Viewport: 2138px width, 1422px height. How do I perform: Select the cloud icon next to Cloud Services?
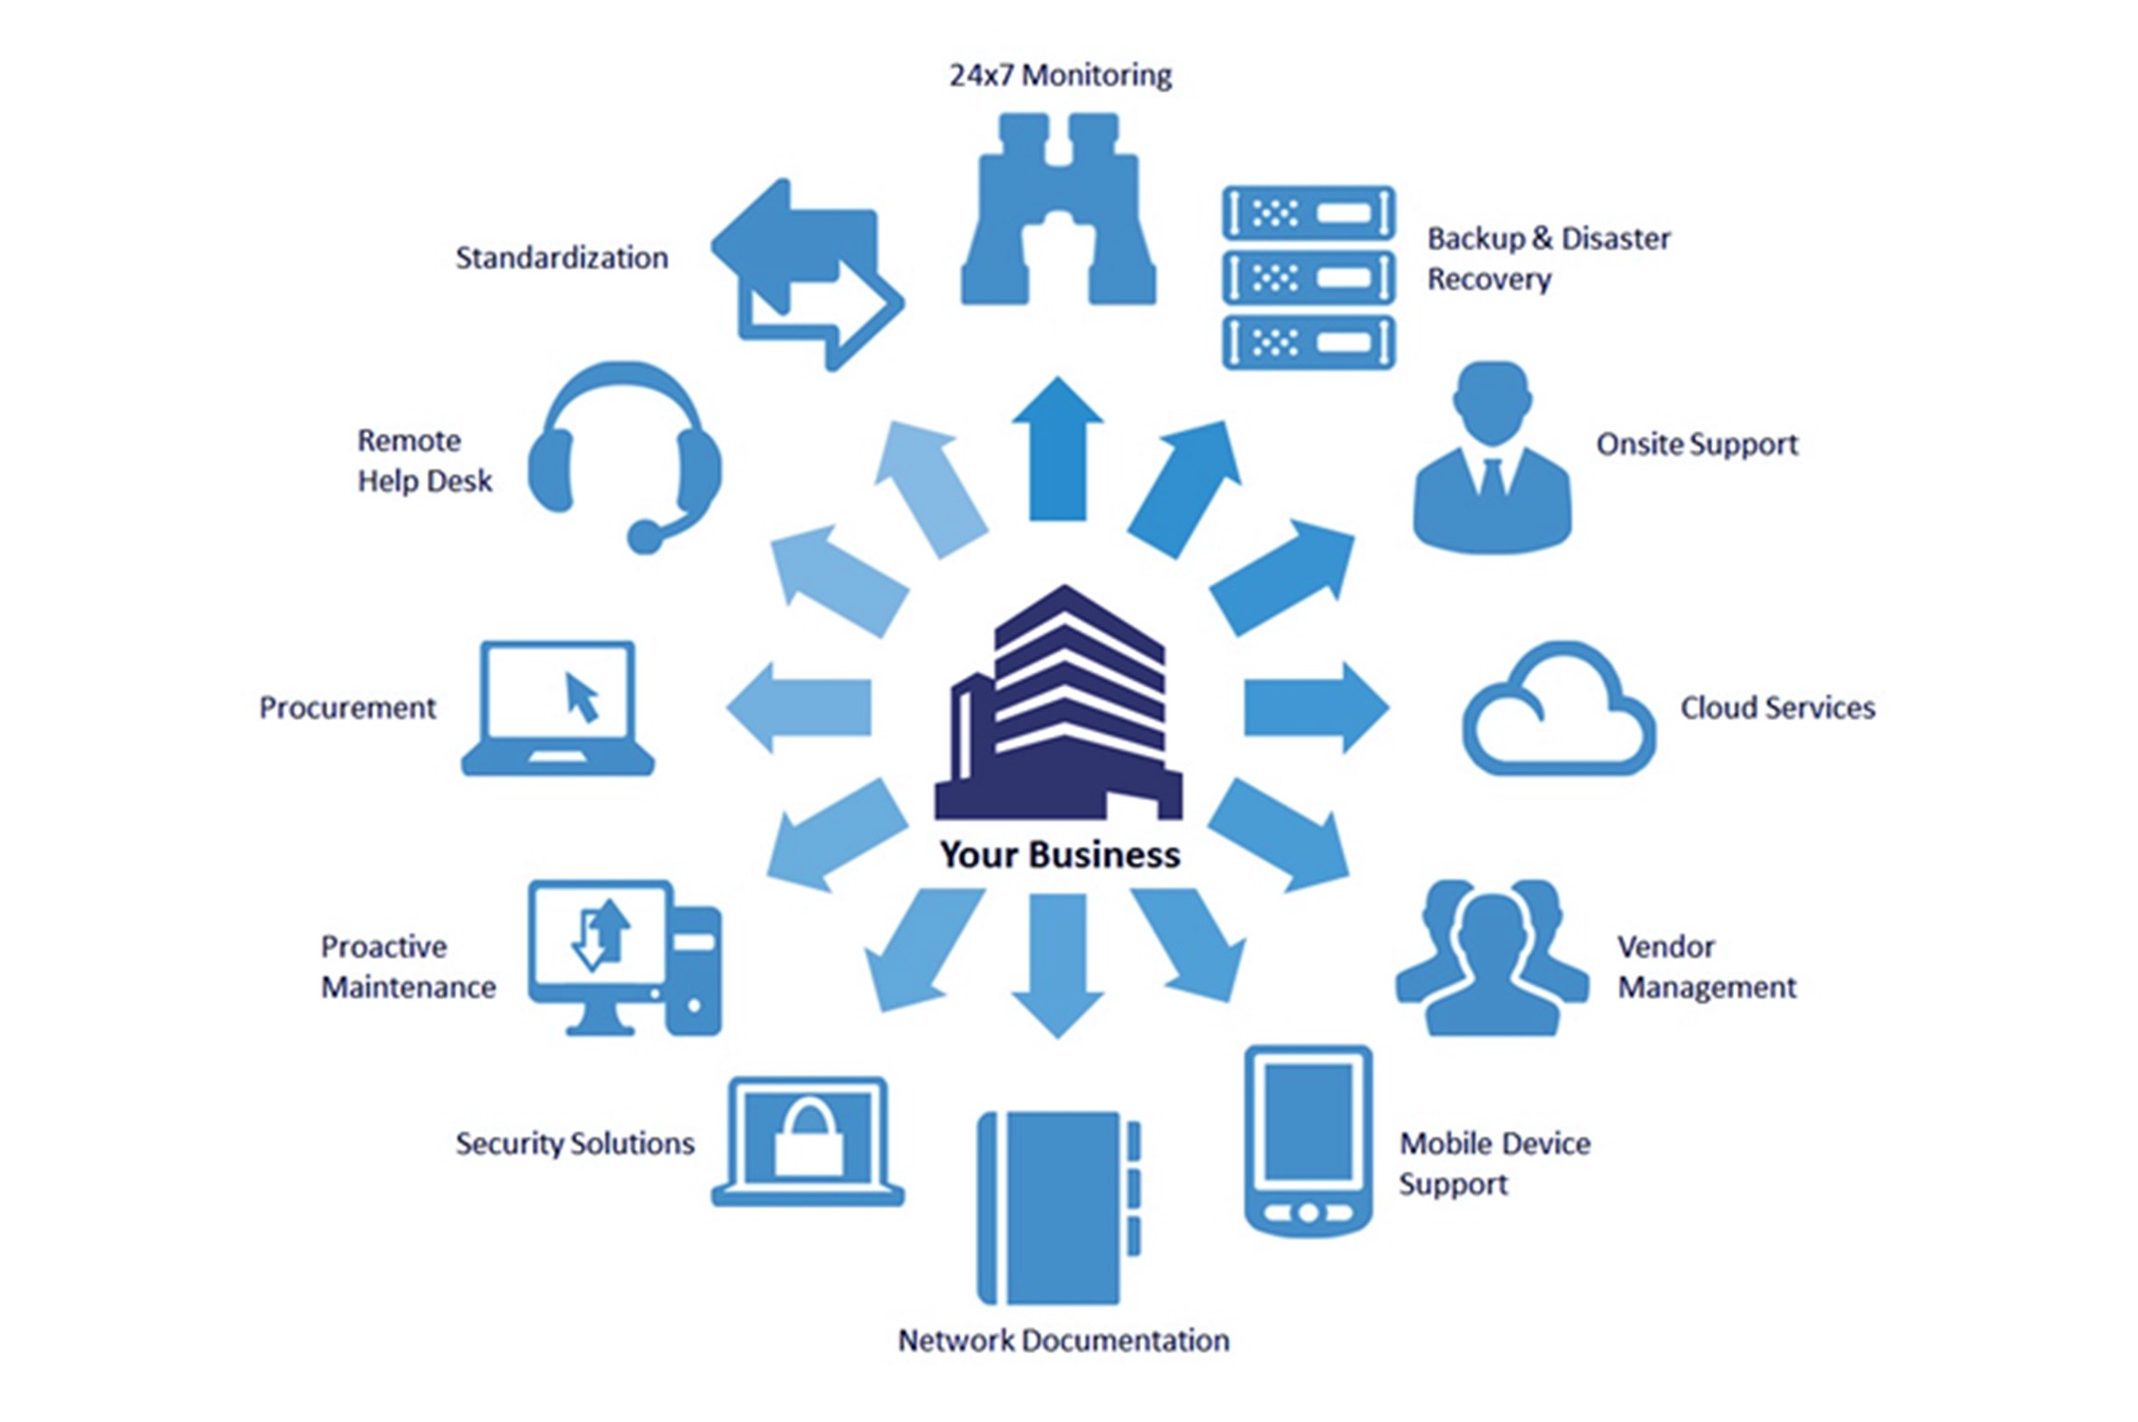(x=1558, y=711)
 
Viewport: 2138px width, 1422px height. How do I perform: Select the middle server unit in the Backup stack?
(x=1308, y=278)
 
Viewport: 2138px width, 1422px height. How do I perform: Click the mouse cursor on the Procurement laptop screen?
(x=581, y=698)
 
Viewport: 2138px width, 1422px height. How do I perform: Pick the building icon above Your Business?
(x=1060, y=707)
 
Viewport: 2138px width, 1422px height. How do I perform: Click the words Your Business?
(x=1060, y=855)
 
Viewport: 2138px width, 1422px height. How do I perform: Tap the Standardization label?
(x=562, y=258)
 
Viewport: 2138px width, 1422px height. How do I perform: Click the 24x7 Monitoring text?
(x=1060, y=75)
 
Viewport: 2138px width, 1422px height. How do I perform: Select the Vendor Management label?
(x=1705, y=967)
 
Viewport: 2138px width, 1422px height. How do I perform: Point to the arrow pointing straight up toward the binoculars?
(x=1058, y=450)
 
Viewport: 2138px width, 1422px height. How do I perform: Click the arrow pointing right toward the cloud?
(x=1315, y=708)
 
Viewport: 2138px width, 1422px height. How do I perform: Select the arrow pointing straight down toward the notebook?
(x=1058, y=962)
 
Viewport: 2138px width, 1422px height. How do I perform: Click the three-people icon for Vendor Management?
(x=1492, y=957)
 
